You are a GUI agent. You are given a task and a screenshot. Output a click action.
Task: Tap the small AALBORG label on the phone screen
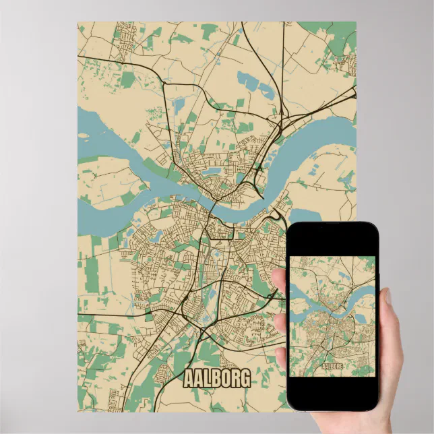point(332,365)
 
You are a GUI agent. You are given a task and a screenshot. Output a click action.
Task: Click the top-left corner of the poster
point(78,22)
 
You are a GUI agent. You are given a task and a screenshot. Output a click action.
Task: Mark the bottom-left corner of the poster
point(78,411)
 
